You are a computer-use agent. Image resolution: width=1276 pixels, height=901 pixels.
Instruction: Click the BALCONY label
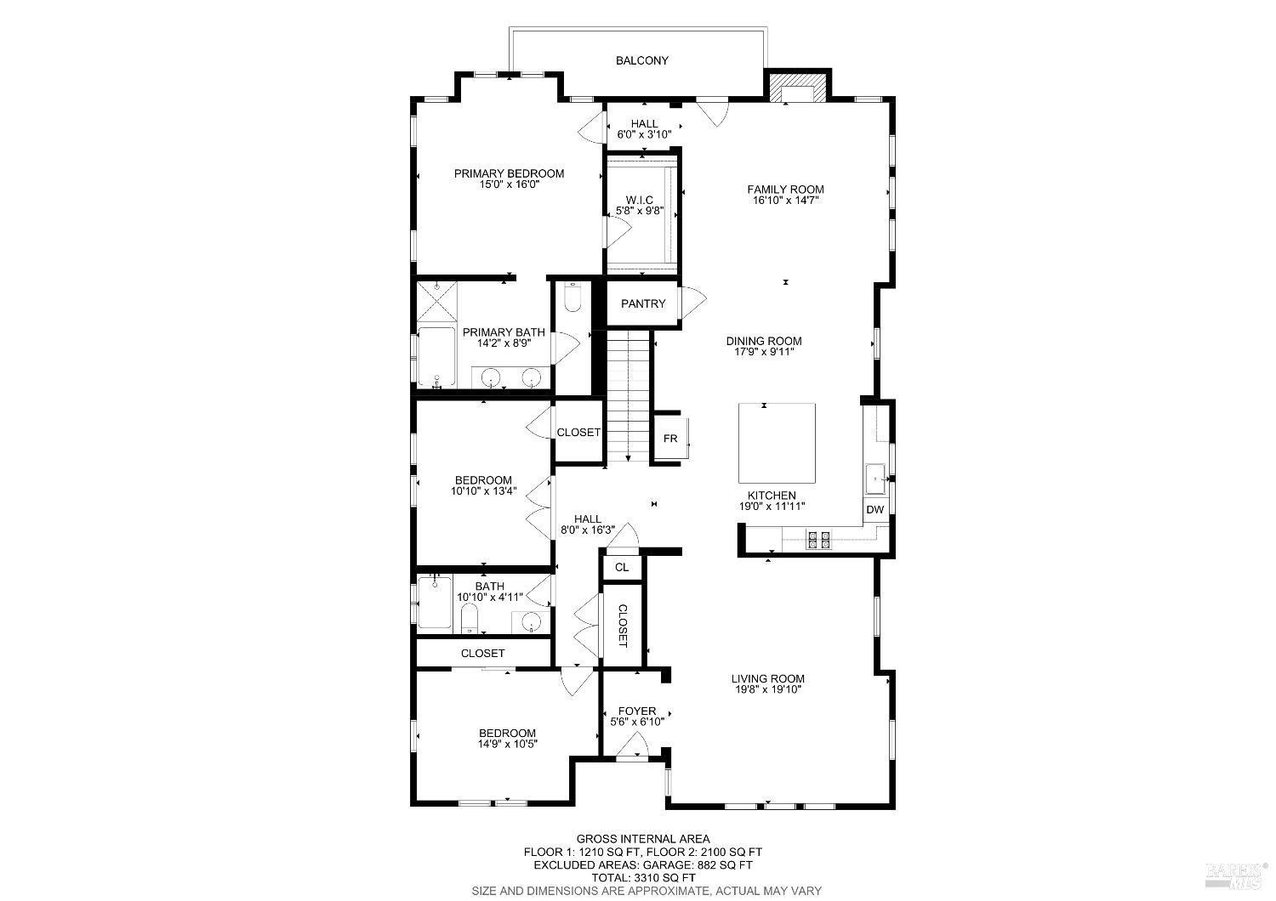[642, 60]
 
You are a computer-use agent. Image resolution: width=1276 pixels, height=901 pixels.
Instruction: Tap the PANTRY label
[643, 303]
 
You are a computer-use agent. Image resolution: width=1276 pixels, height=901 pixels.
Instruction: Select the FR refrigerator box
[670, 439]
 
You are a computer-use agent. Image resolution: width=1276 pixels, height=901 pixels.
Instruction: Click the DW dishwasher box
[875, 510]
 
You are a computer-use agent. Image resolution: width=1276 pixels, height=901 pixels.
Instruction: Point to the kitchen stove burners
[818, 538]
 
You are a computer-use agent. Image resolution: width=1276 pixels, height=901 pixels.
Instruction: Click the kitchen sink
[875, 479]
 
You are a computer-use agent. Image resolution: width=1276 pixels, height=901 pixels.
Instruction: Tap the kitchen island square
[777, 443]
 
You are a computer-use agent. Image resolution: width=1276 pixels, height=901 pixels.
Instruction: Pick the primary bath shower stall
[437, 302]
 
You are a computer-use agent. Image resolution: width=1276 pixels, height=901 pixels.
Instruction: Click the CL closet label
[622, 567]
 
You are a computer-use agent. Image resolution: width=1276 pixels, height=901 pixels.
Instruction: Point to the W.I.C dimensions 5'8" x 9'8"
[640, 210]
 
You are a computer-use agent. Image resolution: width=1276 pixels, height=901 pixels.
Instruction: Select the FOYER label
[637, 711]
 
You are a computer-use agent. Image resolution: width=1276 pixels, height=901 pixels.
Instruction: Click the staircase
[628, 395]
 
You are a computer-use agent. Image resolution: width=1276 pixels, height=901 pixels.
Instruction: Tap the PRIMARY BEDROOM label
[509, 173]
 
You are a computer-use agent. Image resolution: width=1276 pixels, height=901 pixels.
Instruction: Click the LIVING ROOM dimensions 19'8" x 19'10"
[768, 689]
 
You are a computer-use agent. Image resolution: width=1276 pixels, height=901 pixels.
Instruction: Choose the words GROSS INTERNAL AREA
[643, 839]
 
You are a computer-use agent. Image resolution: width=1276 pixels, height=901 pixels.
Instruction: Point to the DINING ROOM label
[764, 341]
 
